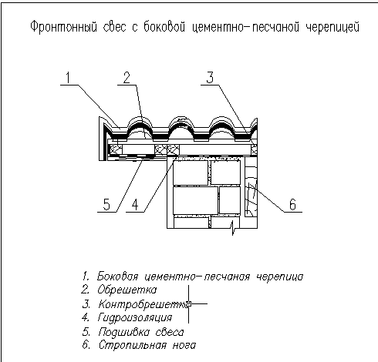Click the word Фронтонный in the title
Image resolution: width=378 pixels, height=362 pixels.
pos(63,27)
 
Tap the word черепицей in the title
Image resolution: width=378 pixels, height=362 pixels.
pos(332,27)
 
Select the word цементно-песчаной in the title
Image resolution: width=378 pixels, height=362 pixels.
pos(245,27)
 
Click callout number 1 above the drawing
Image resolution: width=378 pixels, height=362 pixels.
pos(68,78)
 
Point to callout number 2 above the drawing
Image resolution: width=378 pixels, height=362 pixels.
pos(127,78)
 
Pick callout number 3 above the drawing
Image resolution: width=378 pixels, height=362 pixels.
pos(210,78)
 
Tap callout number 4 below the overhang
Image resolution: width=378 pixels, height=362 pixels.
pos(135,205)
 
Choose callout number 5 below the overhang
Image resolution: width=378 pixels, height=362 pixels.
pos(106,205)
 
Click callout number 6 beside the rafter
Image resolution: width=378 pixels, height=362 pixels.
pos(292,205)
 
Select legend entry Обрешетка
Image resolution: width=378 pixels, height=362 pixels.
pos(127,290)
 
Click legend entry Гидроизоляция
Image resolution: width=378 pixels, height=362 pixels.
pos(134,318)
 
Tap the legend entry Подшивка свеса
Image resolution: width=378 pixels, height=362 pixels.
pos(141,332)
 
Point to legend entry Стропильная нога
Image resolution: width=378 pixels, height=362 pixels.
pos(147,345)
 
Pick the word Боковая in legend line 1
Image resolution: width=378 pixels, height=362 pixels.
pos(117,277)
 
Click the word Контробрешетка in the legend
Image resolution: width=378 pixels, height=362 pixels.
pos(145,304)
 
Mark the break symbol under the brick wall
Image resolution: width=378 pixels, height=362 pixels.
pos(233,227)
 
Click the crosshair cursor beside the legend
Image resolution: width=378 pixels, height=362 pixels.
pos(189,304)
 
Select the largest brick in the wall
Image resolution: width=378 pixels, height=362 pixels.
pos(195,200)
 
